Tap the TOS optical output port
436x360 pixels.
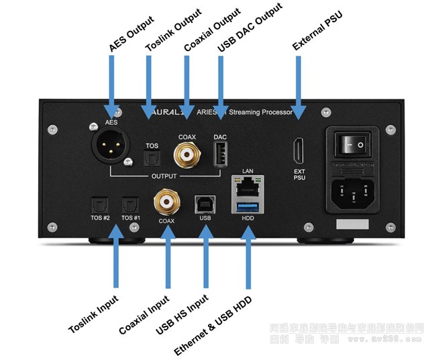153,157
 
